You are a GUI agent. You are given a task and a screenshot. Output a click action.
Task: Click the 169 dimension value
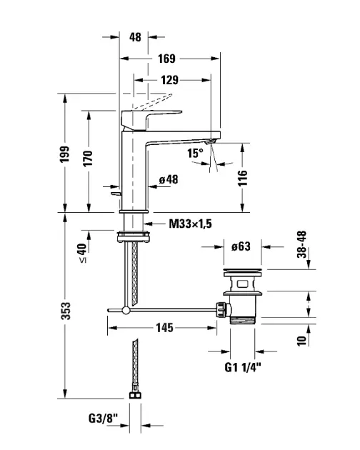pos(166,59)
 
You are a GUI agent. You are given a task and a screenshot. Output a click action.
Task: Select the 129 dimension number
pos(169,80)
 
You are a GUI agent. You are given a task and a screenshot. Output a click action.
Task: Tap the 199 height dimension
pos(64,154)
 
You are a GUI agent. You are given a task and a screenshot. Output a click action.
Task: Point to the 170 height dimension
pos(88,158)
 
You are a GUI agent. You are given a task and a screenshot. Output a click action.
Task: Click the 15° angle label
pos(195,153)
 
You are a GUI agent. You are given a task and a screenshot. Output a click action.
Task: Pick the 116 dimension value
pos(243,178)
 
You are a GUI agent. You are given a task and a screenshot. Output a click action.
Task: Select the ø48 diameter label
pos(169,180)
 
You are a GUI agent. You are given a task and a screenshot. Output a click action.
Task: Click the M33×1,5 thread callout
pos(190,224)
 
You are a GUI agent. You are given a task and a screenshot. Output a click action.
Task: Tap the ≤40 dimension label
pos(82,253)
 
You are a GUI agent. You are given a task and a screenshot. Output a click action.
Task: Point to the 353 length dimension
pos(66,311)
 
